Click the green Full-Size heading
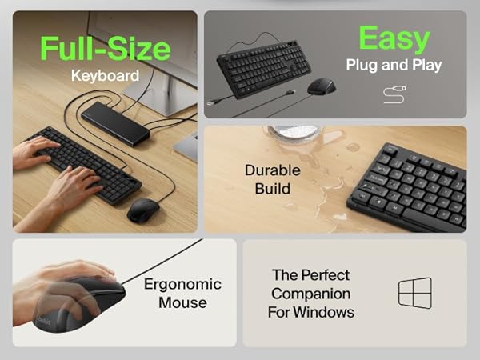(x=106, y=48)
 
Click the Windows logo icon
(x=414, y=293)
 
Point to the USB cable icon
(x=394, y=95)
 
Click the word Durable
(x=273, y=170)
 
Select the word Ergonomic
(x=182, y=284)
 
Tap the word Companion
(x=311, y=294)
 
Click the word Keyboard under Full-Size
(x=105, y=76)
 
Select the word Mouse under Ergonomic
(x=182, y=302)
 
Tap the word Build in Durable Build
(x=273, y=190)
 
